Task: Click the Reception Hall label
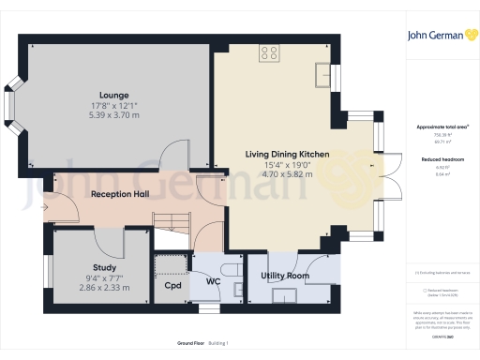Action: pos(120,194)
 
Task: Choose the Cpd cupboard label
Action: pos(172,285)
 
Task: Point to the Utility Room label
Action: pos(285,277)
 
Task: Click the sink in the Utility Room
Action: pos(283,297)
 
